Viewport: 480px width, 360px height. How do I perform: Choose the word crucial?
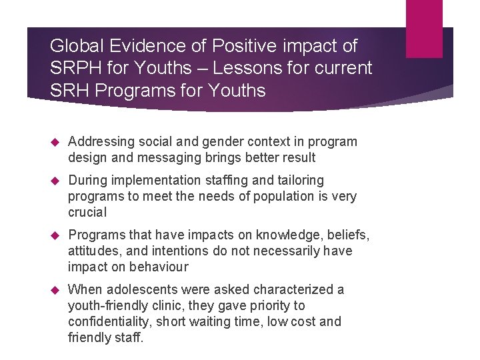click(x=87, y=212)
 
